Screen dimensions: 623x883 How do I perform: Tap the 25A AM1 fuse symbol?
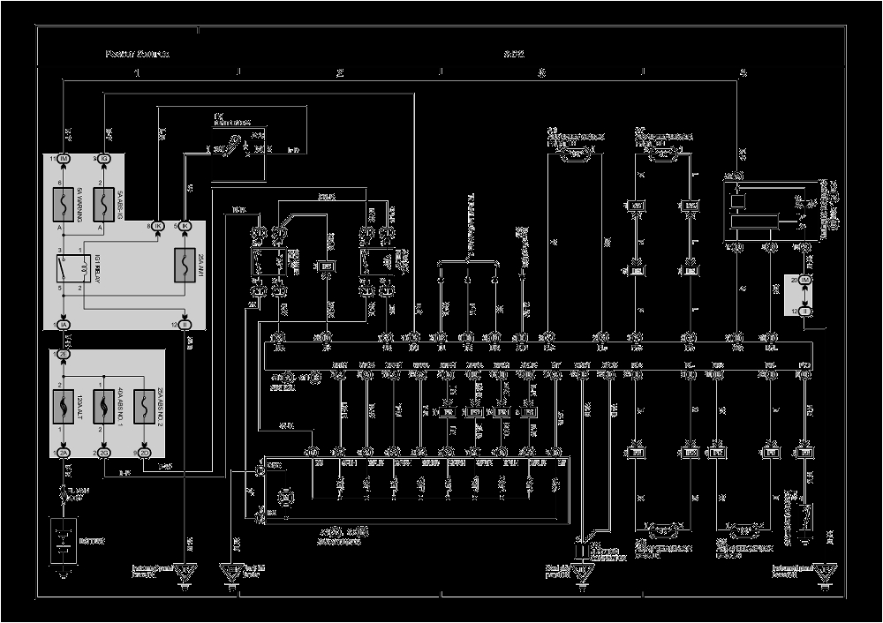coord(185,264)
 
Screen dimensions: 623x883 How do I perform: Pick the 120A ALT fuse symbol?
coord(64,407)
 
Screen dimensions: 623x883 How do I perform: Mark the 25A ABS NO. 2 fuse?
coord(146,407)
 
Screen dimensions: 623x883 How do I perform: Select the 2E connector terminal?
coord(64,353)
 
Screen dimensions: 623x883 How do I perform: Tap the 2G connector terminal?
coord(105,454)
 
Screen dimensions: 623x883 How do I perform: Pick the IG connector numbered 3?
coord(105,159)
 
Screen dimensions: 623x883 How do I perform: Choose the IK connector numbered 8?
coord(158,226)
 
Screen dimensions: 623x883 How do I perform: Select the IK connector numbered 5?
coord(185,226)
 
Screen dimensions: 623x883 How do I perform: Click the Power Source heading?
coord(137,54)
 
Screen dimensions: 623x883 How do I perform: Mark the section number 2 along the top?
coord(339,72)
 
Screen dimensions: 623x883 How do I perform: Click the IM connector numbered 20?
coord(804,279)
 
